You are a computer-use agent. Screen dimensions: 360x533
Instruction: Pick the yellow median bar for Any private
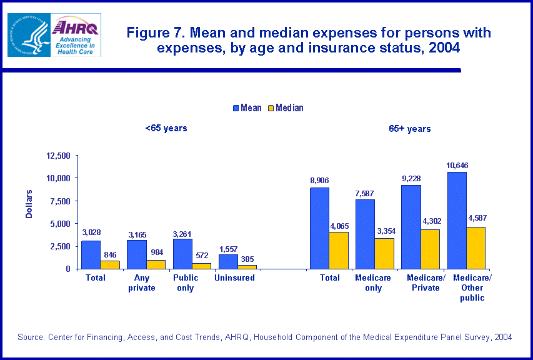pyautogui.click(x=156, y=264)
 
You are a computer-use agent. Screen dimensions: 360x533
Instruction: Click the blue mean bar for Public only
pyautogui.click(x=182, y=254)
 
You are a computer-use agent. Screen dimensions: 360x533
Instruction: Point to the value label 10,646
pyautogui.click(x=457, y=166)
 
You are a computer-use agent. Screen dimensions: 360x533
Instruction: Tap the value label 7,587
pyautogui.click(x=365, y=193)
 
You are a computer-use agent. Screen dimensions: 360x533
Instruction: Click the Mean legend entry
pyautogui.click(x=247, y=108)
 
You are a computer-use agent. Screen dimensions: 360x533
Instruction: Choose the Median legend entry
pyautogui.click(x=285, y=108)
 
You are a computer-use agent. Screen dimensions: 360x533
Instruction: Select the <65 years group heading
pyautogui.click(x=166, y=129)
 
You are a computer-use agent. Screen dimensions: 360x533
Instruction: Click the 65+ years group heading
pyautogui.click(x=409, y=129)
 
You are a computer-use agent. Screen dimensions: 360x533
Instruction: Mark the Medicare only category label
pyautogui.click(x=373, y=282)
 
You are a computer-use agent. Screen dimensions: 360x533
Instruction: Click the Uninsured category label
pyautogui.click(x=234, y=277)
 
